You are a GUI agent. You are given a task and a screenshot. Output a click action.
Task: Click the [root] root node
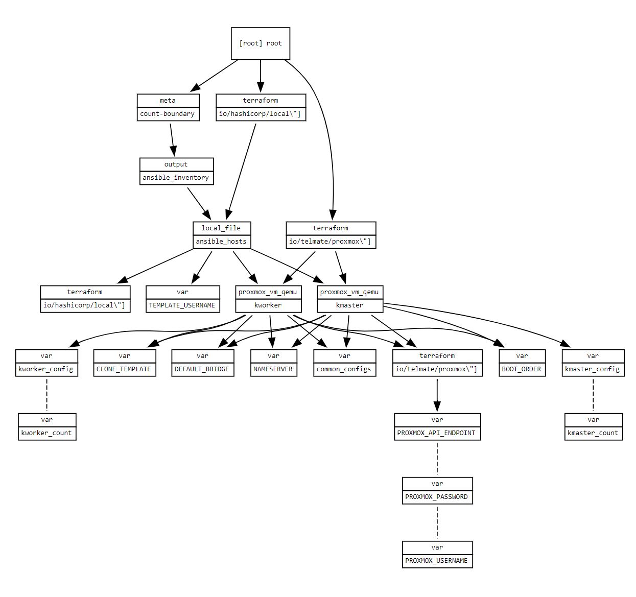click(261, 43)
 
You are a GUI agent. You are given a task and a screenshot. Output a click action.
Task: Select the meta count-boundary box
click(168, 107)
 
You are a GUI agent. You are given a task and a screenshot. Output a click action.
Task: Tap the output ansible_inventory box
click(176, 171)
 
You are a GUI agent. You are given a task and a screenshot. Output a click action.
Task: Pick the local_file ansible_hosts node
click(222, 235)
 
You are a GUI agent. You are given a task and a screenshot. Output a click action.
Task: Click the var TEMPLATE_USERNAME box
click(182, 299)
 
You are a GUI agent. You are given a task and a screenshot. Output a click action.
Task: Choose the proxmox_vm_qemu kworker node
click(268, 299)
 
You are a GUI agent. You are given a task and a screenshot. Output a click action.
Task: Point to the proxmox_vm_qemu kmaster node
click(350, 299)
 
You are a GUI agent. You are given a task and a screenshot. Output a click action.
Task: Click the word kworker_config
click(46, 369)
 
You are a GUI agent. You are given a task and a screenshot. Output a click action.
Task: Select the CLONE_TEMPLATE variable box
click(124, 363)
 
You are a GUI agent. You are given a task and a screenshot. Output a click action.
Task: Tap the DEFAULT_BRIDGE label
click(202, 369)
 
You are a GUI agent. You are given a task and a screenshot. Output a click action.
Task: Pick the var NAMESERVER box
click(273, 363)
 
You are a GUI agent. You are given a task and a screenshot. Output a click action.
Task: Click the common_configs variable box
click(344, 363)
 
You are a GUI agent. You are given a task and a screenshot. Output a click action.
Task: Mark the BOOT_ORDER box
click(522, 363)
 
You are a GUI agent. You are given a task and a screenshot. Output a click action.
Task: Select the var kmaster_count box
click(593, 426)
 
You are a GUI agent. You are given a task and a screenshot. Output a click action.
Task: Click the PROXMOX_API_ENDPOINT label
click(437, 433)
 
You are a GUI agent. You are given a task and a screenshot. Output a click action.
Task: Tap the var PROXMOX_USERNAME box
click(437, 554)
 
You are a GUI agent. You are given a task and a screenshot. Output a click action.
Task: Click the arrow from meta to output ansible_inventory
click(172, 139)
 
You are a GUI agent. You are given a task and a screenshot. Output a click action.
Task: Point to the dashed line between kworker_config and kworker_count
click(47, 394)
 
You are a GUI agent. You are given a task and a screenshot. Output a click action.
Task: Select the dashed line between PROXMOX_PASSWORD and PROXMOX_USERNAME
click(437, 522)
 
